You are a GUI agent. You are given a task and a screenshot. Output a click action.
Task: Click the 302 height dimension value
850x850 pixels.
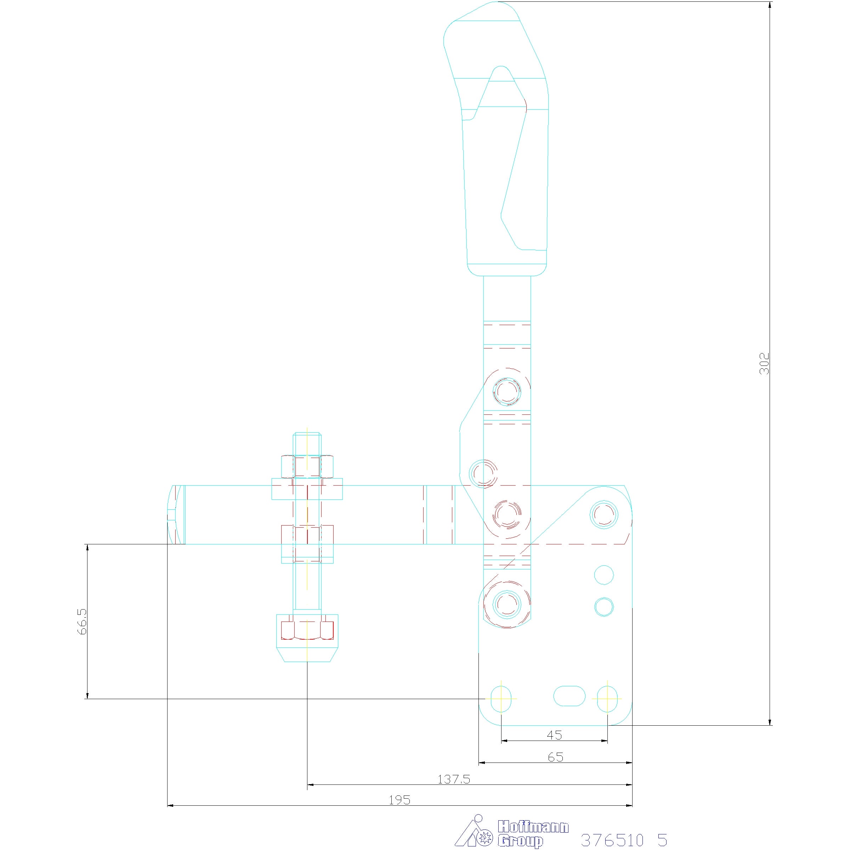click(x=765, y=363)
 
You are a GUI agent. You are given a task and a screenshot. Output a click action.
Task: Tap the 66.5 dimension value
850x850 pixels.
click(x=82, y=622)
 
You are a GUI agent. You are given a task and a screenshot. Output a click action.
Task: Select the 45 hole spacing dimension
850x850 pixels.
click(x=554, y=735)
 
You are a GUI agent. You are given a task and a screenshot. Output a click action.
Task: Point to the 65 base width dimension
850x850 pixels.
click(x=556, y=757)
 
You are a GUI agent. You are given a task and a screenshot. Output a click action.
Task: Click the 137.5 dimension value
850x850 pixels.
click(x=454, y=779)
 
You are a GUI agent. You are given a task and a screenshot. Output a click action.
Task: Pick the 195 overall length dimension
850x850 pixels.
click(x=399, y=800)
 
